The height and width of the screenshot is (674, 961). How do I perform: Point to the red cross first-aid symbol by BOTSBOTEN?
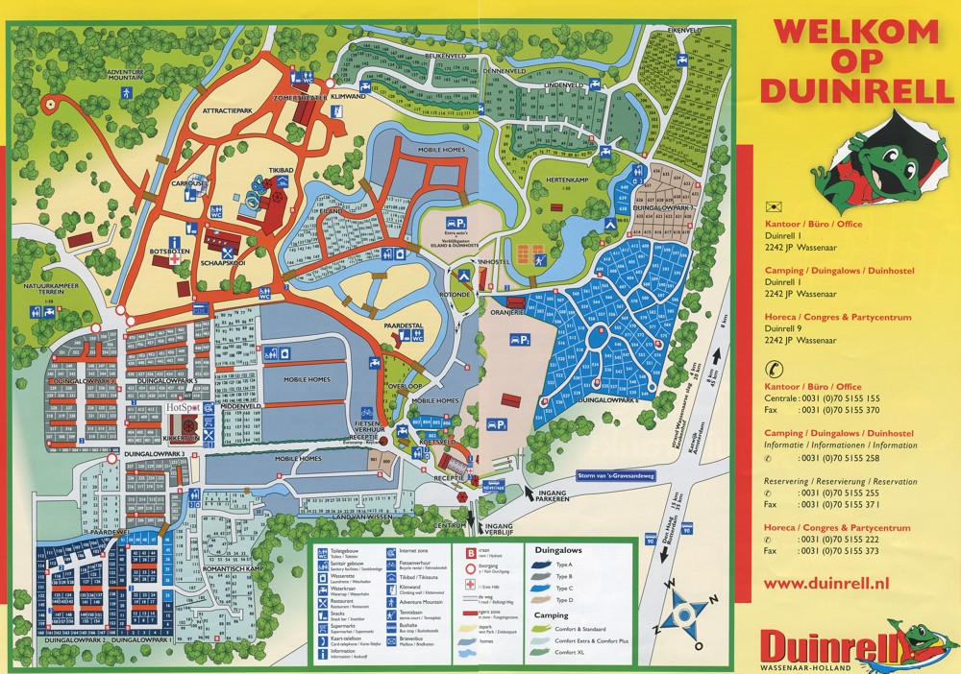coord(175,260)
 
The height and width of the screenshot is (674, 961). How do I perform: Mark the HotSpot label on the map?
coord(185,407)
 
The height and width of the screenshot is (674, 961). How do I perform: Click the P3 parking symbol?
coord(520,340)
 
